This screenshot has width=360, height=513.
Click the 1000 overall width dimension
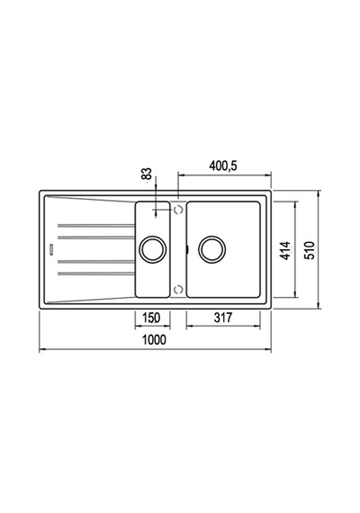(x=154, y=339)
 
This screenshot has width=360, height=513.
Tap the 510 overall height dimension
(x=310, y=250)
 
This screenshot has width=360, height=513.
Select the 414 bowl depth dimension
(x=286, y=250)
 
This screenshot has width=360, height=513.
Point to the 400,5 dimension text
(x=223, y=166)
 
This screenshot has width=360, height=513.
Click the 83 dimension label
(x=147, y=174)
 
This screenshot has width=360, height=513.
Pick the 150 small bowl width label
(x=151, y=318)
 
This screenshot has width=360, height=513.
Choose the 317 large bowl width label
(x=223, y=318)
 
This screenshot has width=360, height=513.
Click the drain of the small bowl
(x=153, y=249)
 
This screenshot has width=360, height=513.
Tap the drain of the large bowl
(x=212, y=249)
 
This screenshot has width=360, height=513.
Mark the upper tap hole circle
(x=178, y=210)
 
